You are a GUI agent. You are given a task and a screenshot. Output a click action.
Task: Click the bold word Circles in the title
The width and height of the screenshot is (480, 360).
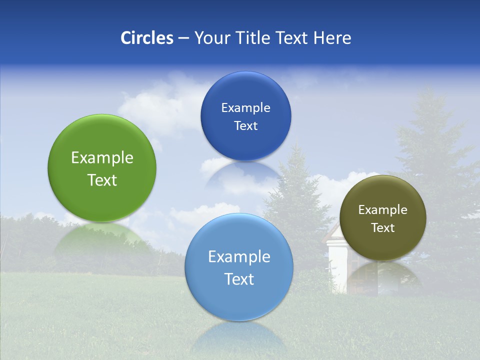coord(146,38)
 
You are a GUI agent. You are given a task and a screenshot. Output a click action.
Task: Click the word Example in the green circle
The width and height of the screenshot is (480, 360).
coord(102,158)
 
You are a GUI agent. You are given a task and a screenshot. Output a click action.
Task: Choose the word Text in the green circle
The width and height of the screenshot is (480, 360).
coord(102,180)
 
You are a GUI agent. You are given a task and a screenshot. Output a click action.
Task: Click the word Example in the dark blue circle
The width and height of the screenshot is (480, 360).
coord(245,108)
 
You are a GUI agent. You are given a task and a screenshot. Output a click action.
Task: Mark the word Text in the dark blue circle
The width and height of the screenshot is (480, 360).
coord(245,125)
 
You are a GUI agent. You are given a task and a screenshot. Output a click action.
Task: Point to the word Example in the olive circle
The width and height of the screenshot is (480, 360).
coord(383,210)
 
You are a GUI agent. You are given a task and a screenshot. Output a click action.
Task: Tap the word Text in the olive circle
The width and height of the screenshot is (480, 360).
coord(383,228)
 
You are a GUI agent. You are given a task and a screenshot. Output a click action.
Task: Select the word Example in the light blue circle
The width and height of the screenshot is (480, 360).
coord(239,257)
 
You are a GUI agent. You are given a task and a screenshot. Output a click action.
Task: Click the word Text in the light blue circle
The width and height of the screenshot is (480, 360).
coord(239,279)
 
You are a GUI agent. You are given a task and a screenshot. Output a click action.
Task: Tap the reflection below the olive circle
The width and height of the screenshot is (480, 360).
coord(382,275)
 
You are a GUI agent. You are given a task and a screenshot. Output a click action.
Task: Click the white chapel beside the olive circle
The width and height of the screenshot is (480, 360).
coord(336,260)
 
